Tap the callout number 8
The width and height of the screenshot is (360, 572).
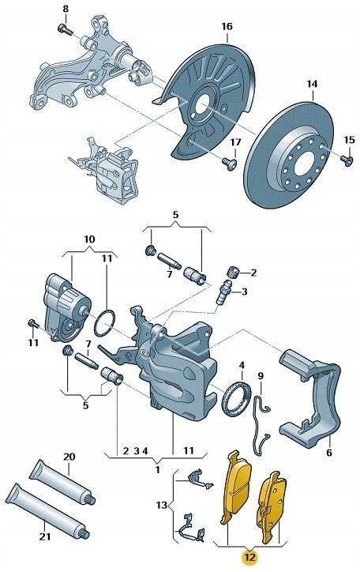point(66,9)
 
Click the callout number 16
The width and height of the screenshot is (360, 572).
point(227,27)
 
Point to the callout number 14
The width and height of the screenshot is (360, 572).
point(311,83)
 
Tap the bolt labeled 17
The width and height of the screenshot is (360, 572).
point(231,163)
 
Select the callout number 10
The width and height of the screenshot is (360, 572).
point(88,238)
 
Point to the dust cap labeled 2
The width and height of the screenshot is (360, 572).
point(234,273)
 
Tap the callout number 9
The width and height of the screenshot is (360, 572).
point(261,375)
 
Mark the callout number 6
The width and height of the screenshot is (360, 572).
point(328,453)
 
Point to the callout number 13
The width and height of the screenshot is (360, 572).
point(163,504)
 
